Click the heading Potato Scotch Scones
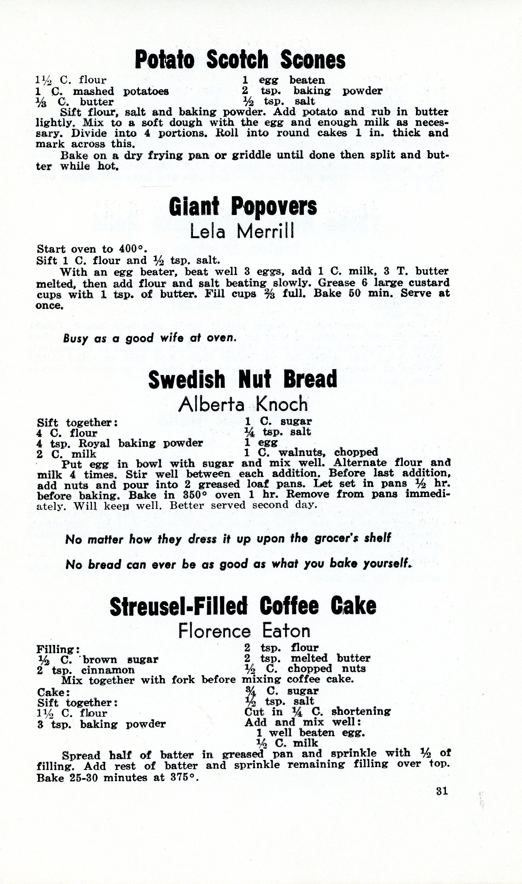click(240, 60)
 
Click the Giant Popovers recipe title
click(243, 206)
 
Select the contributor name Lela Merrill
click(242, 231)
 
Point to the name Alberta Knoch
click(243, 404)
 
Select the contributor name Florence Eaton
click(244, 631)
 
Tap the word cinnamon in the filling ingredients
click(108, 670)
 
